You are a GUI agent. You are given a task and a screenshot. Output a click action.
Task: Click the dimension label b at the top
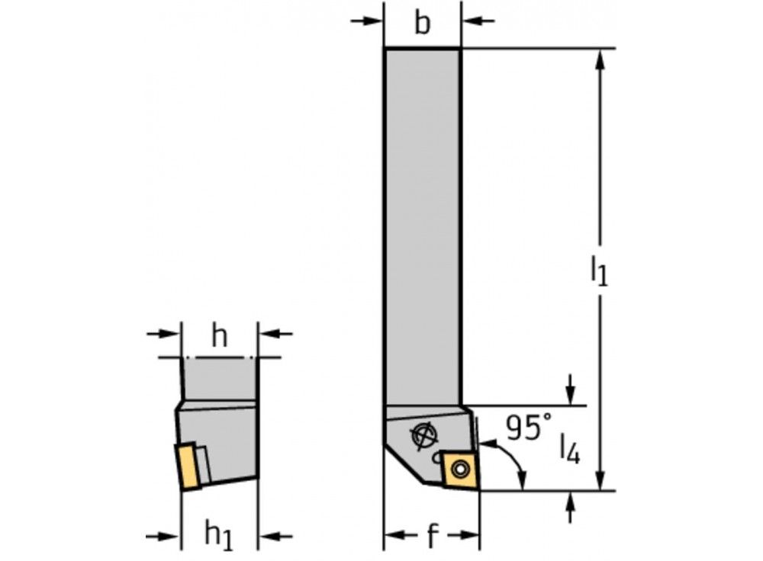[x=422, y=24]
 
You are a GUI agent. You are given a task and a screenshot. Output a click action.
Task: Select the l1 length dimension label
[x=599, y=271]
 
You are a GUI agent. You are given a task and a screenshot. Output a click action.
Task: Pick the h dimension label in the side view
[x=220, y=337]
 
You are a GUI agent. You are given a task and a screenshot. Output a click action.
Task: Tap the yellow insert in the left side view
[x=188, y=466]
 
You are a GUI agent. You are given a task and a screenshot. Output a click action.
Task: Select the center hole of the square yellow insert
[x=461, y=466]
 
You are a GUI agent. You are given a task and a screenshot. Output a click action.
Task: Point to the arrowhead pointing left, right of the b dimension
[x=470, y=20]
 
